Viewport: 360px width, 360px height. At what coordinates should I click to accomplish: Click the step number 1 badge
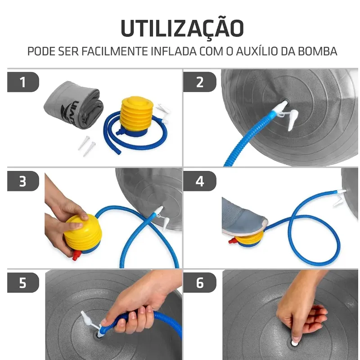coord(23,82)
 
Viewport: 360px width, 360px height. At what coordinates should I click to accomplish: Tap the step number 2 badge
coord(200,82)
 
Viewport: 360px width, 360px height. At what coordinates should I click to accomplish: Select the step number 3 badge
coord(23,181)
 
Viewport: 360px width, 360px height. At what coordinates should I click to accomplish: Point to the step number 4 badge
coord(200,181)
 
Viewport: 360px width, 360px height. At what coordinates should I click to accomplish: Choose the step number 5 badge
coord(23,283)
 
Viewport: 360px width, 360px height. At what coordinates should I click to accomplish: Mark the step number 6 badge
coord(200,283)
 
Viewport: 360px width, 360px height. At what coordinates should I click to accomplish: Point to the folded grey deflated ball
coord(74,105)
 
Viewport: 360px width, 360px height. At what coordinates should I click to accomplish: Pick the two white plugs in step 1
coord(87,146)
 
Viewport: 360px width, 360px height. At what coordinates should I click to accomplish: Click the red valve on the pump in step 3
coord(77,255)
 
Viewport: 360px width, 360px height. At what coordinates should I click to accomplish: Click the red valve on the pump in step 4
coord(232,241)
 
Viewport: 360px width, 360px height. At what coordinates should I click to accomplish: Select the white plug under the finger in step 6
coord(294,343)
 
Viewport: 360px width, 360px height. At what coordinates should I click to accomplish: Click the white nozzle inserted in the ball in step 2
coord(281,106)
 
